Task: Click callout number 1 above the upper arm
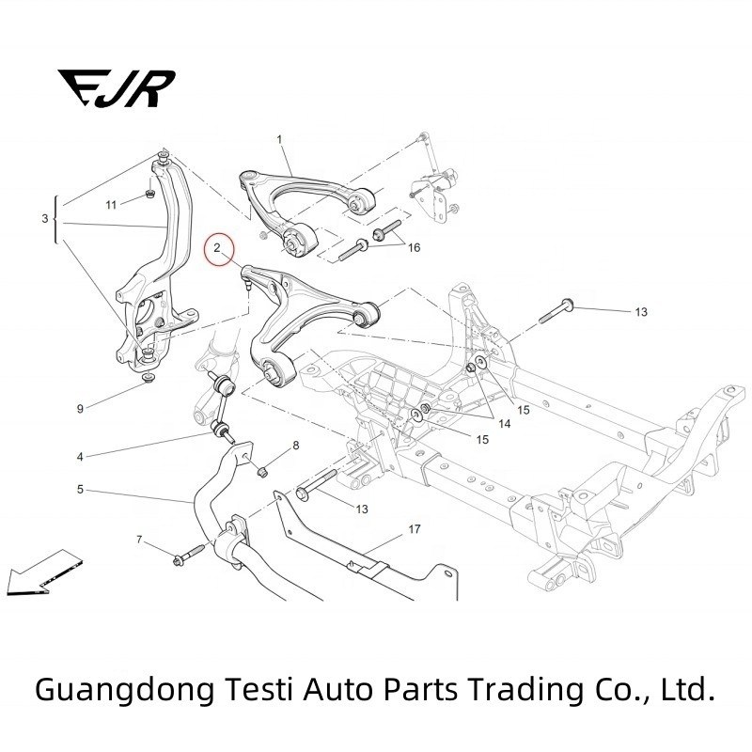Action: [279, 139]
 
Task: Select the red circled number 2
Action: [217, 248]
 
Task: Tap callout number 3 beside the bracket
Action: [45, 219]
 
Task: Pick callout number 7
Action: [139, 540]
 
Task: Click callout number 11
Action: [110, 204]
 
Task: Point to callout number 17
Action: [414, 530]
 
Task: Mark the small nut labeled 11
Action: [150, 195]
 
